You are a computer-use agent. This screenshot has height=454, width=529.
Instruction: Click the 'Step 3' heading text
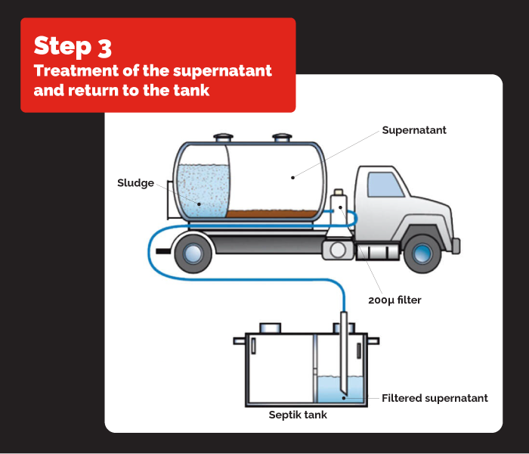73,46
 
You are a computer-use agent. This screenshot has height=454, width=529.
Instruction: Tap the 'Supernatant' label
413,130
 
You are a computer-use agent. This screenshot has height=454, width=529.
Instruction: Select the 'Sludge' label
135,182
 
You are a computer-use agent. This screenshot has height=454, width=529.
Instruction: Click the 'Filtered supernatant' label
435,398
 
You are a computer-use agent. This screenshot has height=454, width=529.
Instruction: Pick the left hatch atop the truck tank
223,138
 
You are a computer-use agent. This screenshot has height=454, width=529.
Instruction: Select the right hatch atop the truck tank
282,138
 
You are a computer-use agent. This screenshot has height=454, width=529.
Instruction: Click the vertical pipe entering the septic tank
344,348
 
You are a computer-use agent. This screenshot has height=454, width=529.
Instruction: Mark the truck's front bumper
455,244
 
